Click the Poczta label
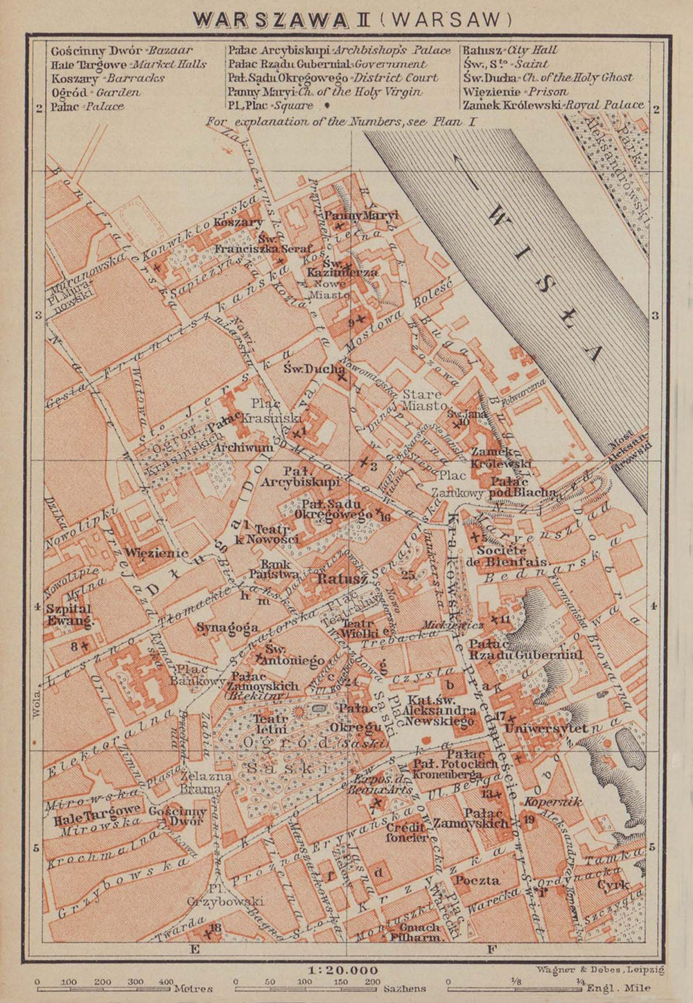point(477,880)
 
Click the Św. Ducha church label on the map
point(314,369)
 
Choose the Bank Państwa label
point(274,569)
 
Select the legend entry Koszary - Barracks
point(107,78)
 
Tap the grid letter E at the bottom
point(195,950)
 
